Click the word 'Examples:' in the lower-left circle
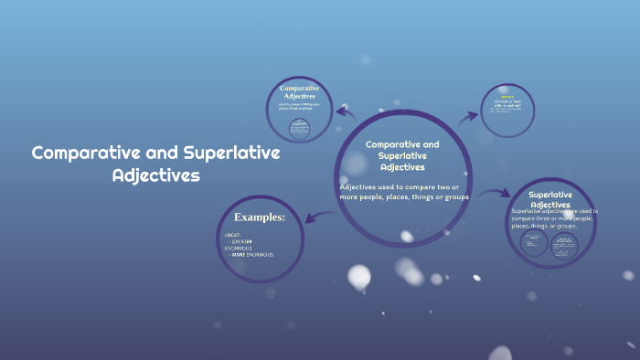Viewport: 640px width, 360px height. [x=260, y=217]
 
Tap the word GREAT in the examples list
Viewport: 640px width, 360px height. [x=232, y=235]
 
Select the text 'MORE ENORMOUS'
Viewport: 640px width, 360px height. [x=251, y=254]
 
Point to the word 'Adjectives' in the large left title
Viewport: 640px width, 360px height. [x=155, y=175]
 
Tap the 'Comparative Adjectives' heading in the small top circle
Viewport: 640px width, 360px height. [x=299, y=92]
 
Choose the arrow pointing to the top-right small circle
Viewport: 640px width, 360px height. [x=469, y=116]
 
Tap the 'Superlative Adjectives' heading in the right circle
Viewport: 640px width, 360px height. [x=550, y=199]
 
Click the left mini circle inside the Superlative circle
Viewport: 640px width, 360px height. [x=533, y=243]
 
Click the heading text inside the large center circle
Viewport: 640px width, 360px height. [x=402, y=155]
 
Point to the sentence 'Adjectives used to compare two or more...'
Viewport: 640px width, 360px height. [x=403, y=192]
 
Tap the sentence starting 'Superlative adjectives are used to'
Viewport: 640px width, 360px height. [x=552, y=218]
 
